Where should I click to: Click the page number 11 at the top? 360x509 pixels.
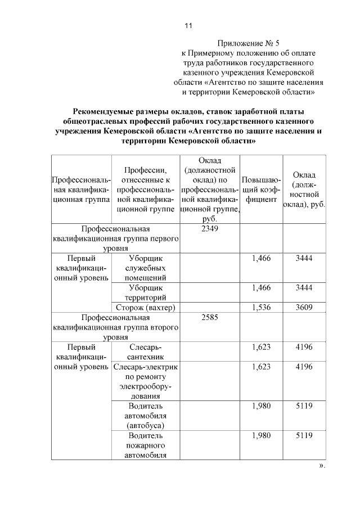click(x=188, y=26)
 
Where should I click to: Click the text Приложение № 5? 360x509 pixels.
click(x=247, y=43)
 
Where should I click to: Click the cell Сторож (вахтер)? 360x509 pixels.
click(x=146, y=307)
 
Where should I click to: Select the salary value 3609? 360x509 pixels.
click(x=304, y=307)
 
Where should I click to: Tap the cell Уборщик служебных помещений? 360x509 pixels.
click(x=146, y=268)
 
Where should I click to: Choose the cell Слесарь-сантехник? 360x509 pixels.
click(x=146, y=352)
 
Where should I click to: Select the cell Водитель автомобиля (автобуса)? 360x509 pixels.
click(x=146, y=415)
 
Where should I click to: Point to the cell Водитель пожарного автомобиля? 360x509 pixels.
click(x=146, y=445)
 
